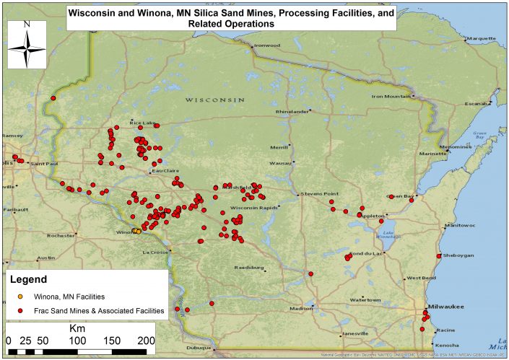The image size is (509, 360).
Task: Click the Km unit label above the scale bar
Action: coord(77,327)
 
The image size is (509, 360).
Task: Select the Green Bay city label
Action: coord(399,196)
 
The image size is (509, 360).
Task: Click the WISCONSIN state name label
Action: coord(214,99)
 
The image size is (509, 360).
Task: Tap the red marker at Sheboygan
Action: coord(439,256)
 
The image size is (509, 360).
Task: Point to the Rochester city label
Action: coord(61,235)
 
